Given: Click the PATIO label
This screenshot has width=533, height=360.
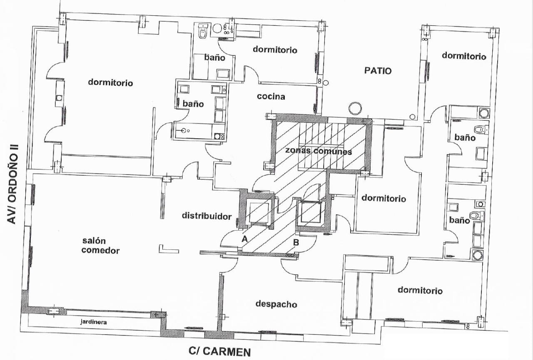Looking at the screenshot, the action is click(x=378, y=71).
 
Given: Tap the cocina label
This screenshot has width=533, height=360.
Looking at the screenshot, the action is click(x=271, y=96).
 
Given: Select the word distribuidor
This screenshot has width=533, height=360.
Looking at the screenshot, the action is click(x=207, y=216).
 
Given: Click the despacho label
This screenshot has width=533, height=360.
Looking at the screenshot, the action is click(x=276, y=304).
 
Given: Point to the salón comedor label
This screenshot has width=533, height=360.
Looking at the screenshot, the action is click(x=100, y=246).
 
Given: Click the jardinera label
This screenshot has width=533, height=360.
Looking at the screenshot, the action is click(x=94, y=322).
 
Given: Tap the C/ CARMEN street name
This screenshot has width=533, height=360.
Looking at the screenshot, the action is click(x=219, y=351).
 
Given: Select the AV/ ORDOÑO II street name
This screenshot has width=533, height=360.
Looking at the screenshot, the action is click(x=13, y=184).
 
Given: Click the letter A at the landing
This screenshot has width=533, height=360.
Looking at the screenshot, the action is click(x=244, y=239).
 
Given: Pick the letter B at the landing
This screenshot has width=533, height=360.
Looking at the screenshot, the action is click(x=296, y=243).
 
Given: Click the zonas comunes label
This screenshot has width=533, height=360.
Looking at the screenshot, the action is click(x=319, y=151).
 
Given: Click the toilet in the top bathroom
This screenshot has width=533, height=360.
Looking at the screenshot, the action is click(x=203, y=32).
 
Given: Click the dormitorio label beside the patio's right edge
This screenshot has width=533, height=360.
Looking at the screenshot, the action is click(x=464, y=56).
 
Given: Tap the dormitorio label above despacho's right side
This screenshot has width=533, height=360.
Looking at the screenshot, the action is click(x=420, y=290).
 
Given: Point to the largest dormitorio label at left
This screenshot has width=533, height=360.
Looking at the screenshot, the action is click(x=110, y=82).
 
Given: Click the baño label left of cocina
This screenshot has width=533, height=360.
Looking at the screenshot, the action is click(x=193, y=104).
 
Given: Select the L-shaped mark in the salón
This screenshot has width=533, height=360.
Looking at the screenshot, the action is click(x=169, y=250).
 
